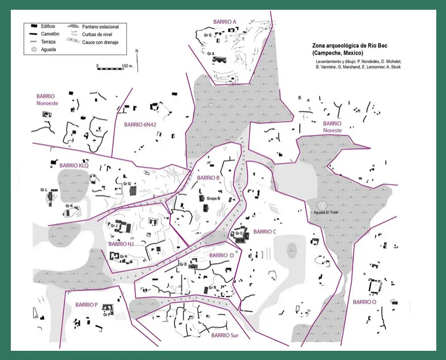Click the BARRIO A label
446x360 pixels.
(x=225, y=22)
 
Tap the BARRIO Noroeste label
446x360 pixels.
(x=47, y=99)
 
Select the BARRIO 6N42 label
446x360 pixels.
(x=140, y=124)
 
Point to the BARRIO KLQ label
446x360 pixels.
(x=74, y=165)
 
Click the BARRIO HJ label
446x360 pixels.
(x=121, y=244)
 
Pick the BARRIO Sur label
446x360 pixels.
(x=225, y=335)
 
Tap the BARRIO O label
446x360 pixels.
(x=364, y=302)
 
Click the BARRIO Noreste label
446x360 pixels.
(x=332, y=126)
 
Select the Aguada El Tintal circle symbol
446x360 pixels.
(x=322, y=205)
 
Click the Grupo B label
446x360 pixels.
(x=213, y=198)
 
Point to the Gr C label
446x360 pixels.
(x=239, y=234)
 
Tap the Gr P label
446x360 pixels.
(x=107, y=315)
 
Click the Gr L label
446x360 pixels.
(x=44, y=190)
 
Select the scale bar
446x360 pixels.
(x=110, y=69)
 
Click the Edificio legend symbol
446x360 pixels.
(x=34, y=26)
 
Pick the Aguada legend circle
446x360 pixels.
(x=34, y=49)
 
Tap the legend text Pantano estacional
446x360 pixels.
(x=100, y=27)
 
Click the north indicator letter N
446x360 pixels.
(x=137, y=51)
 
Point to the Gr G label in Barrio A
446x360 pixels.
(x=208, y=35)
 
